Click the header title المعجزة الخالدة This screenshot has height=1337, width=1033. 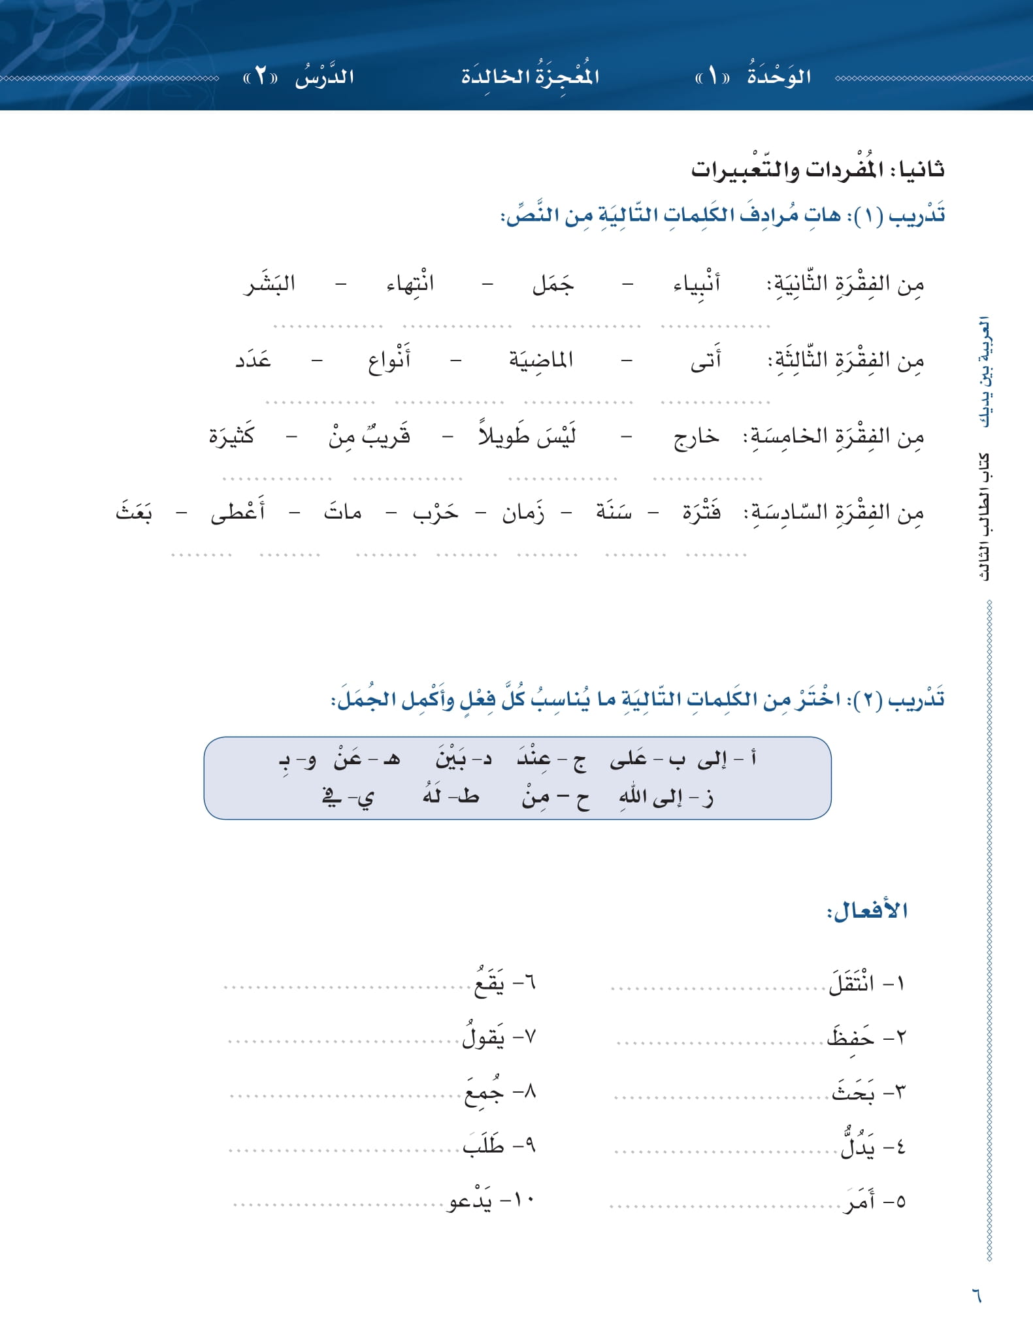(x=530, y=76)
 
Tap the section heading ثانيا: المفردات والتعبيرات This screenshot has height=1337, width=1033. (x=817, y=169)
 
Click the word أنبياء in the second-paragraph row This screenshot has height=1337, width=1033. (x=697, y=283)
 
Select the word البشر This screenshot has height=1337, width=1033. (x=269, y=283)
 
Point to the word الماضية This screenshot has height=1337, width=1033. (x=541, y=359)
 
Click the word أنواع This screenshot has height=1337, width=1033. (x=389, y=360)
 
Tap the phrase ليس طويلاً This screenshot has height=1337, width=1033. (x=527, y=436)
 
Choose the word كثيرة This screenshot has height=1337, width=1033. (x=231, y=436)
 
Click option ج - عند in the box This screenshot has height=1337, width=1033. (x=551, y=760)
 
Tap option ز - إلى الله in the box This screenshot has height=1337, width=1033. (x=666, y=797)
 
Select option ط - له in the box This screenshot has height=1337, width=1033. (x=450, y=796)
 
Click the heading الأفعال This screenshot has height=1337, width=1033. (x=867, y=910)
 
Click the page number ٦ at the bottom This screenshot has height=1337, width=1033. (x=976, y=1295)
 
